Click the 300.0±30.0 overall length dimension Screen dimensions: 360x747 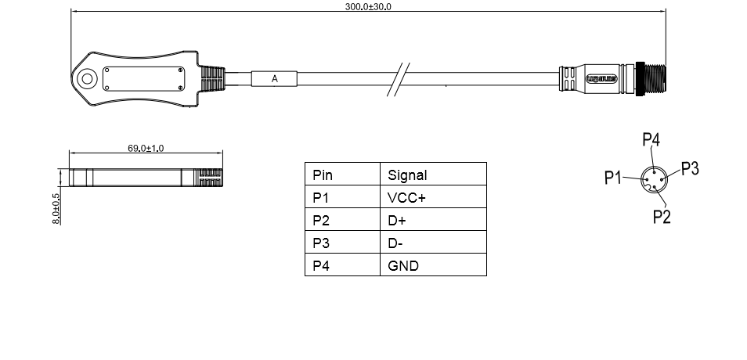(368, 6)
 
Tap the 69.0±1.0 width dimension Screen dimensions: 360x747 (146, 148)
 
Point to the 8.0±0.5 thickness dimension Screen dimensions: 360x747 (56, 208)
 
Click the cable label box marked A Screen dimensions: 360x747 (274, 79)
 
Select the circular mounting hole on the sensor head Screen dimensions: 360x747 (86, 78)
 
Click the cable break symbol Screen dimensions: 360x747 (400, 79)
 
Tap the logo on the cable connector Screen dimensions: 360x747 (602, 79)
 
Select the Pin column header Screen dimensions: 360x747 (323, 175)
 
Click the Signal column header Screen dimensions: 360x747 (407, 175)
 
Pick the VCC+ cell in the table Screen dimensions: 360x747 (407, 198)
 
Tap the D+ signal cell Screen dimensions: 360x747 (397, 221)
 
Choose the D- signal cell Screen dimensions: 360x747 (395, 243)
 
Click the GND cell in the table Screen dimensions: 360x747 (403, 266)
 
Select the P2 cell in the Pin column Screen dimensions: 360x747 (321, 221)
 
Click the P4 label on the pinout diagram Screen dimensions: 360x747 (651, 140)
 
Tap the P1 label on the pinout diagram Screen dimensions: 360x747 (613, 178)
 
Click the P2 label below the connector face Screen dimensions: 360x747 (662, 216)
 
